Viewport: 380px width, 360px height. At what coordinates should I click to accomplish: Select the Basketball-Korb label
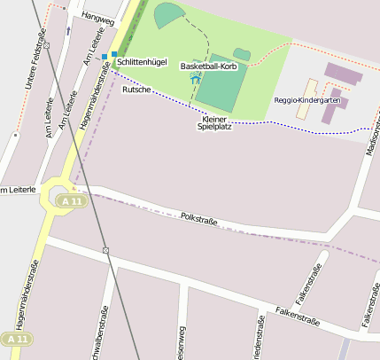tap(208, 67)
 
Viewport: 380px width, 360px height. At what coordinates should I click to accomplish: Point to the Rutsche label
tap(136, 90)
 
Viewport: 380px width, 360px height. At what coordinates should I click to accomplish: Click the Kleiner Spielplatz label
tap(214, 123)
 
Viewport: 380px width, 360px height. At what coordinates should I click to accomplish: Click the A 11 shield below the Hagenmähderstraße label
tap(16, 340)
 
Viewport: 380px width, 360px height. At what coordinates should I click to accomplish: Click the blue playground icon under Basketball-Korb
tap(196, 79)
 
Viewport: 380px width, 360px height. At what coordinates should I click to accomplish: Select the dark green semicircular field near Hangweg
tap(167, 15)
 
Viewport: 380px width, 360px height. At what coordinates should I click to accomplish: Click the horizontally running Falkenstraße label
tap(298, 316)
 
